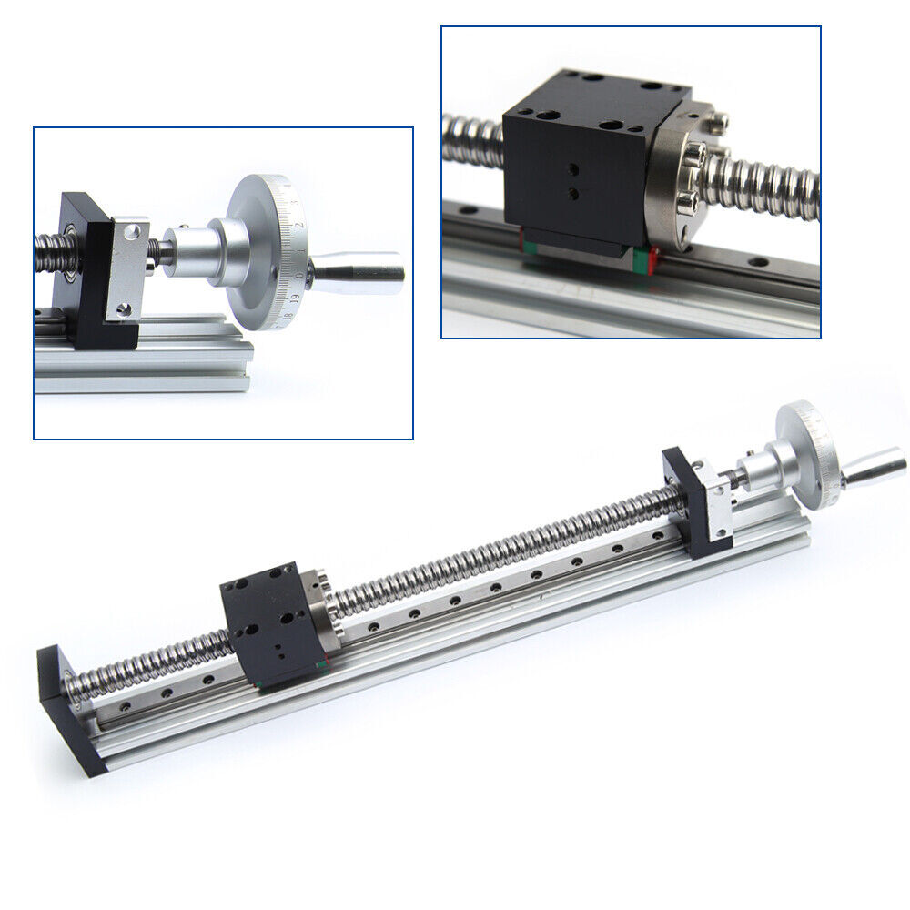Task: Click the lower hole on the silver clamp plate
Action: pos(126,311)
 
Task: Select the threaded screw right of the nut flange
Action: pos(773,187)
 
